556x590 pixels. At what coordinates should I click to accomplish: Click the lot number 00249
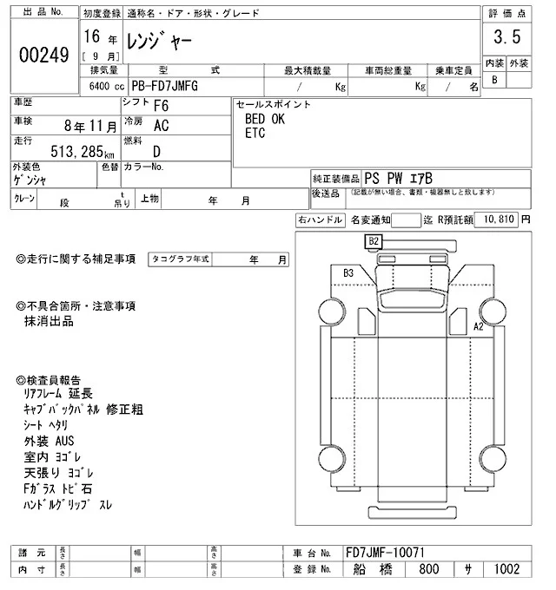[x=44, y=54]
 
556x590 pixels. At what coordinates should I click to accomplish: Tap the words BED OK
[x=265, y=120]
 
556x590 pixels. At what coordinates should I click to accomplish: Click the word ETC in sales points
[x=255, y=133]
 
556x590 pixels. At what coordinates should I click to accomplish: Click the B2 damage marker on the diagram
[x=374, y=240]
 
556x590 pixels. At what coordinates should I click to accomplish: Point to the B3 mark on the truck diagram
[x=348, y=272]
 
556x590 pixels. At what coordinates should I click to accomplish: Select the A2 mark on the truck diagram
[x=477, y=326]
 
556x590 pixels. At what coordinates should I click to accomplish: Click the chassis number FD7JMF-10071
[x=385, y=553]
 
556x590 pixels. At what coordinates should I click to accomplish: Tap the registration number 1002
[x=506, y=570]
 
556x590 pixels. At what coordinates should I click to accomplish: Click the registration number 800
[x=428, y=570]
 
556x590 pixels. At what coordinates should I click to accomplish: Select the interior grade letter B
[x=494, y=80]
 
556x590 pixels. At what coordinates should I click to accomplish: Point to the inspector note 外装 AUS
[x=50, y=441]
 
